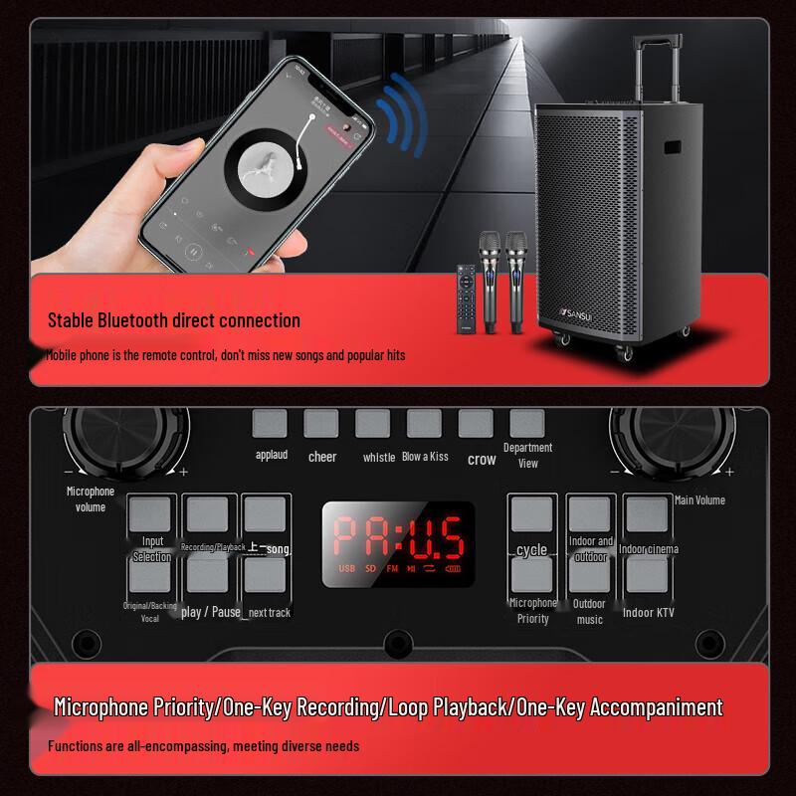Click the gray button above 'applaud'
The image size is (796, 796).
point(269,424)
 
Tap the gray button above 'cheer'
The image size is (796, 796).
point(320,424)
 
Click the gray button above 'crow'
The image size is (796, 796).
point(476,424)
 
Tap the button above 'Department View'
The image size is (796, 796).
point(527,424)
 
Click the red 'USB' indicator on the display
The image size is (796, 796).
point(346,568)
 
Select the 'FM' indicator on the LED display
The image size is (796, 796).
point(392,568)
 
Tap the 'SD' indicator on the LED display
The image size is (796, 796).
point(370,568)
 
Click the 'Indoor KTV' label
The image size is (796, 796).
point(648,613)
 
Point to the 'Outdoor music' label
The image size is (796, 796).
point(589,612)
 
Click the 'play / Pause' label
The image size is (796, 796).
point(211,612)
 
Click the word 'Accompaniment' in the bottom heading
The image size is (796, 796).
point(657,707)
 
